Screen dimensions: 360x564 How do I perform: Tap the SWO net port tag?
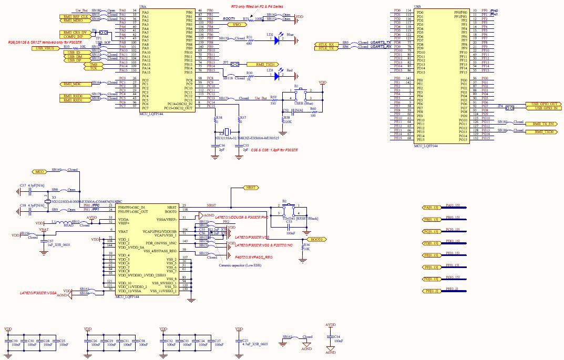pos(237,25)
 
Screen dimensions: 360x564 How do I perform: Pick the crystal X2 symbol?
pos(228,131)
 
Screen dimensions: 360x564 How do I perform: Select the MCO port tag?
pos(39,171)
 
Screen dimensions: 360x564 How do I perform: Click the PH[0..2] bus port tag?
pos(433,291)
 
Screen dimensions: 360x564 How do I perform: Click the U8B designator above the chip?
pos(417,6)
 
